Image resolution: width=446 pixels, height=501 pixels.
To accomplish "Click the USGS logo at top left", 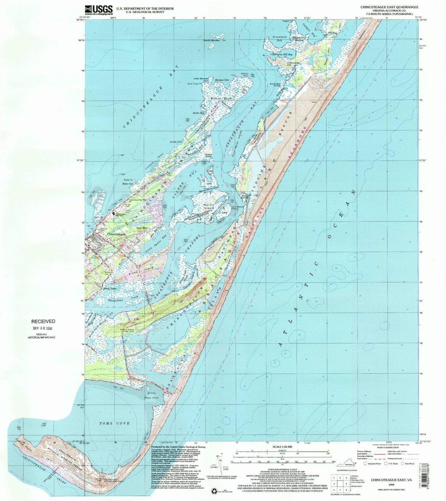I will click(99, 10).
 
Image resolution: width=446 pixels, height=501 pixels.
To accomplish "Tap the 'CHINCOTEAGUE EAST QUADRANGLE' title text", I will click(389, 7).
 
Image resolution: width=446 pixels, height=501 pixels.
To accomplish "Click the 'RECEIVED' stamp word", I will click(43, 321).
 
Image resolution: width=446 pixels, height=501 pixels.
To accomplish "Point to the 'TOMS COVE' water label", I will click(115, 423).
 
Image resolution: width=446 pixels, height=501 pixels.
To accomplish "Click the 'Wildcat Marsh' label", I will click(221, 99).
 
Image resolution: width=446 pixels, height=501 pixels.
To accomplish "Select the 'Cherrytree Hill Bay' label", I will click(282, 55).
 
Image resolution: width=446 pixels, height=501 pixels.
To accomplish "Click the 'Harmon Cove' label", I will click(222, 80).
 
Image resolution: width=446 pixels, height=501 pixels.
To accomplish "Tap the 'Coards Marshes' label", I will click(212, 40).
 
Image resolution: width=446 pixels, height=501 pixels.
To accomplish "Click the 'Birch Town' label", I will click(110, 288).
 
